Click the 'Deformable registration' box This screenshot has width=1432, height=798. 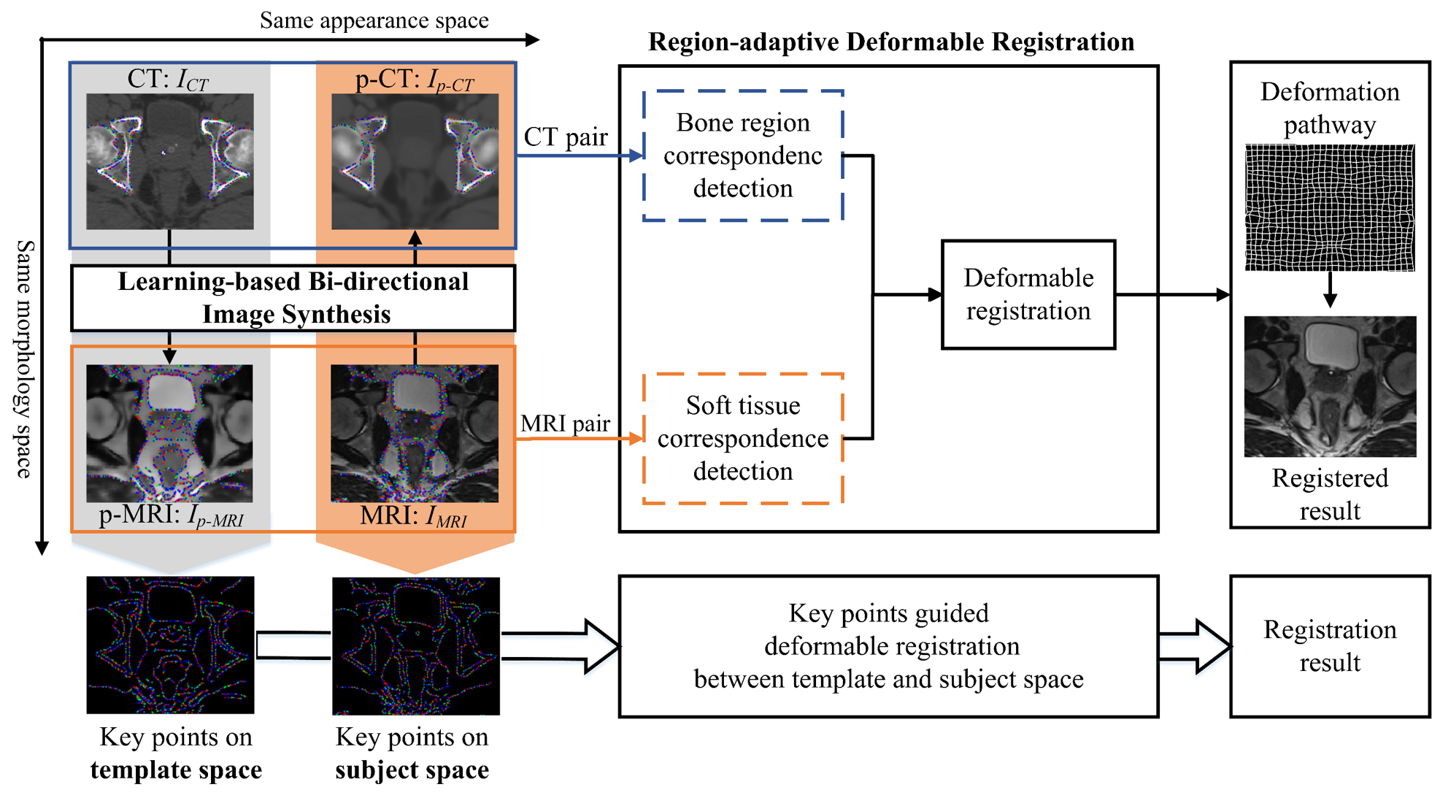click(1028, 294)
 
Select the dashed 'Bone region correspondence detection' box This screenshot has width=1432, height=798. click(743, 156)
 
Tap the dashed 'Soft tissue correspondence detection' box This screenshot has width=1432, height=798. click(743, 438)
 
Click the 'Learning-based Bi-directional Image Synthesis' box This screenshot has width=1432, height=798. click(293, 298)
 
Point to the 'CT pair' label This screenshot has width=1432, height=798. click(566, 137)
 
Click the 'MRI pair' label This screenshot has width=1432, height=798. click(565, 423)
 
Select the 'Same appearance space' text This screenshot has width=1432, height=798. click(374, 20)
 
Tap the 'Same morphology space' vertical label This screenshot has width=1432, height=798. click(25, 358)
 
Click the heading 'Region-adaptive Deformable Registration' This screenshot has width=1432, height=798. click(890, 42)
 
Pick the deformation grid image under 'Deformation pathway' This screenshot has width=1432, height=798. click(1329, 208)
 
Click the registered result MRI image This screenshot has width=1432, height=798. click(1329, 386)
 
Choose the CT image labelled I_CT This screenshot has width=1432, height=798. click(170, 161)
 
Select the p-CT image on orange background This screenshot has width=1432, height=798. click(415, 161)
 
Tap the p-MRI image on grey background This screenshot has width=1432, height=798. click(169, 433)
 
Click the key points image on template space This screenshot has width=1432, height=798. click(170, 645)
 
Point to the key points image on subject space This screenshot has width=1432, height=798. click(415, 645)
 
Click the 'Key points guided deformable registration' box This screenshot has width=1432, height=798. click(888, 646)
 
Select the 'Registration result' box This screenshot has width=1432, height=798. click(1329, 646)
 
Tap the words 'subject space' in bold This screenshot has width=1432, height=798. click(412, 770)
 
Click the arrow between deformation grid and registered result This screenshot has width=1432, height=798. click(1330, 290)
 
